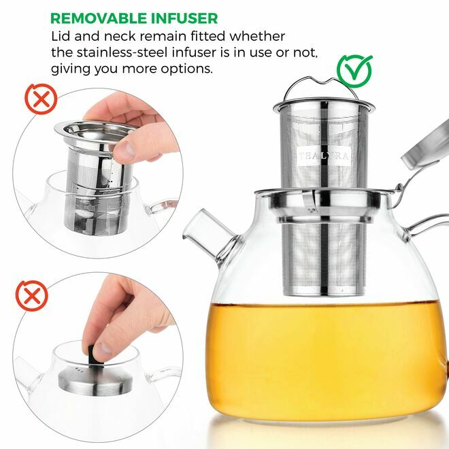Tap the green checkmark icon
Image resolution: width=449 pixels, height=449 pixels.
(x=355, y=69)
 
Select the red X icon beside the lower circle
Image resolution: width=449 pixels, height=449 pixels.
(x=28, y=297)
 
